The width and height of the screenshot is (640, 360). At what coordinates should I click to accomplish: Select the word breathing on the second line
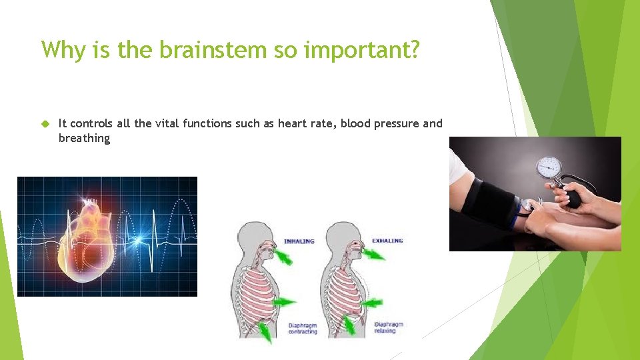click(84, 138)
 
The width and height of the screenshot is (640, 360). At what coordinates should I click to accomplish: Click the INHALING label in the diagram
click(299, 241)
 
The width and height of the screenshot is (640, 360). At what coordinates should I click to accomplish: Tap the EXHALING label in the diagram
click(387, 241)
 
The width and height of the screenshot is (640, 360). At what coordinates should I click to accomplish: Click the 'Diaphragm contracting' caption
click(303, 328)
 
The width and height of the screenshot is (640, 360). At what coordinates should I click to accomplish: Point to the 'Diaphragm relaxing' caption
click(389, 327)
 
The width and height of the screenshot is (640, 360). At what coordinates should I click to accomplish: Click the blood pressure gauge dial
click(549, 166)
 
